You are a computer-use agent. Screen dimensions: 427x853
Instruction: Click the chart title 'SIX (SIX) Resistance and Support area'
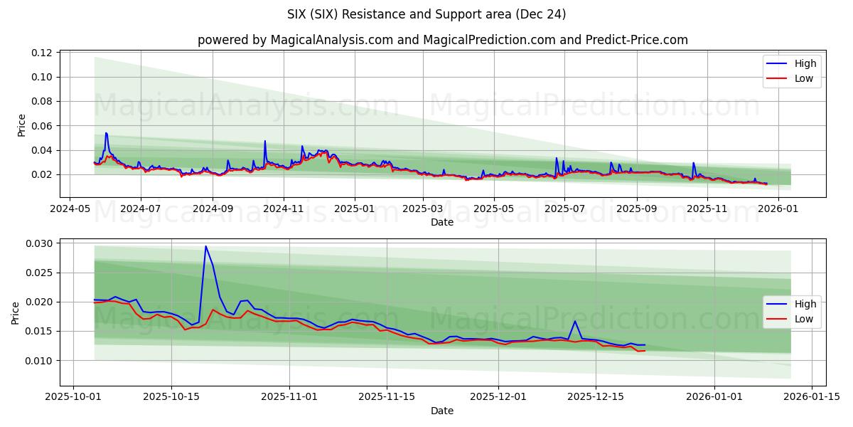(x=426, y=14)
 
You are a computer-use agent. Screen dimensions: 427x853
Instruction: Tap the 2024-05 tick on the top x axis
(x=69, y=209)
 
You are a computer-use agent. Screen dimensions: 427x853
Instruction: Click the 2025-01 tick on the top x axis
(x=353, y=209)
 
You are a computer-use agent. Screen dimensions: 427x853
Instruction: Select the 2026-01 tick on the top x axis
(x=778, y=209)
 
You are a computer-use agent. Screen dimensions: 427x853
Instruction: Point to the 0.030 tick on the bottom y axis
(x=40, y=243)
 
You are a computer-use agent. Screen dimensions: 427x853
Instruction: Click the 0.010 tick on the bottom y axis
(x=40, y=360)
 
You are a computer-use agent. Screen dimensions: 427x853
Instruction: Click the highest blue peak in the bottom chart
(x=205, y=246)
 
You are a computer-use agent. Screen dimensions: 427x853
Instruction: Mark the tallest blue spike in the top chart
(x=106, y=133)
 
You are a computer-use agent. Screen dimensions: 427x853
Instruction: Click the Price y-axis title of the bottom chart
(x=15, y=312)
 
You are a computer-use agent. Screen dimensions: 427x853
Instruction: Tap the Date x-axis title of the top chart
(x=442, y=222)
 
